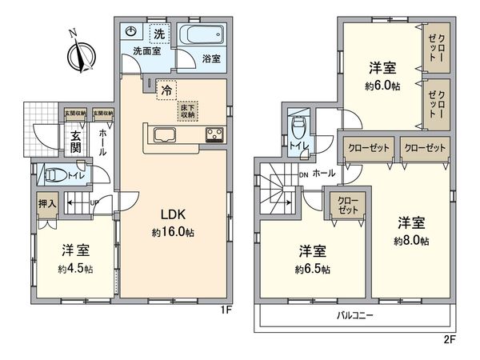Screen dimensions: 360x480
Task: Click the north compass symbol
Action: click(x=78, y=55)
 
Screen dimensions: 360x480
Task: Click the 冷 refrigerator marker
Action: click(x=166, y=91)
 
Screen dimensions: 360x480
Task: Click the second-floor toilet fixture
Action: click(x=299, y=126)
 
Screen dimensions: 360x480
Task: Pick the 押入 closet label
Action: click(x=47, y=205)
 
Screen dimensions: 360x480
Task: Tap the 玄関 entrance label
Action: click(x=74, y=141)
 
